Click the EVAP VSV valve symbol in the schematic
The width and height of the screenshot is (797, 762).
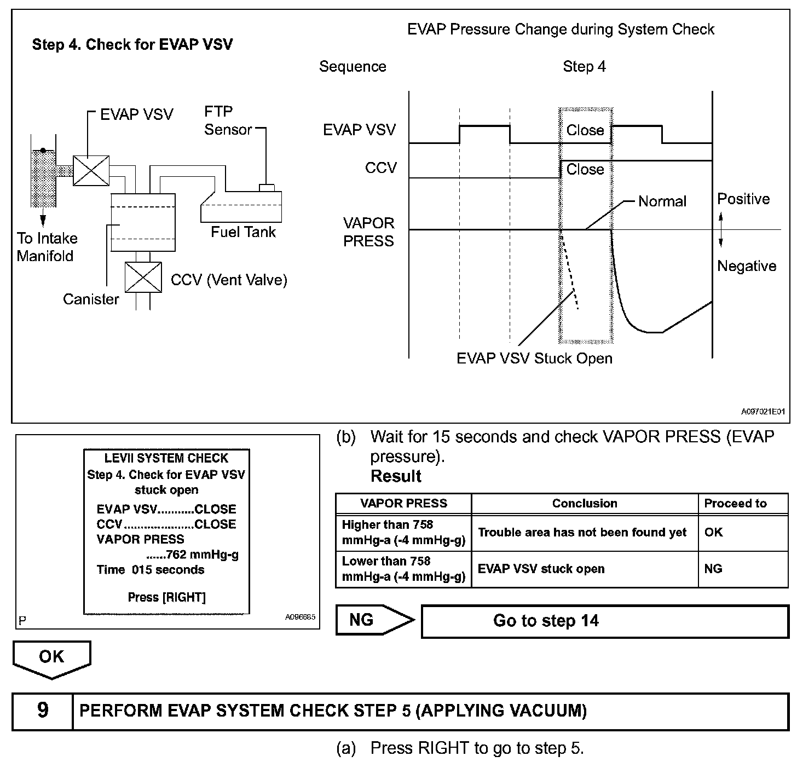pos(91,171)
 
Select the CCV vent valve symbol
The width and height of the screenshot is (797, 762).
pos(143,278)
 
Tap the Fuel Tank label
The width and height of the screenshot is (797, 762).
pos(243,232)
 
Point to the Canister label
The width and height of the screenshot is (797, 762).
pos(91,299)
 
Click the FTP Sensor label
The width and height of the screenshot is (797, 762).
pos(228,121)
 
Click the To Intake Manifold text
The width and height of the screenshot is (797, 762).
pos(47,247)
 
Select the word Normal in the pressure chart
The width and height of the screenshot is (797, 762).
pos(662,201)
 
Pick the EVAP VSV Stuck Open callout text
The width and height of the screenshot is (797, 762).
pos(534,359)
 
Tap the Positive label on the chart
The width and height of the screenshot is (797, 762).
pos(743,199)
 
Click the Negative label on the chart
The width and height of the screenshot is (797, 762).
pos(747,266)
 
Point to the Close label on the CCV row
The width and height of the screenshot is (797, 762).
pos(585,170)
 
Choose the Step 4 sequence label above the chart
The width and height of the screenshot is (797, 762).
pos(584,67)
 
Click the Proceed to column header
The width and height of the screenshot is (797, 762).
pos(735,504)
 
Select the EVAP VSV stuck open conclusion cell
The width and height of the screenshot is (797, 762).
pos(541,569)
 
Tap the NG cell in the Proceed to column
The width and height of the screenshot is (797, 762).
pos(713,569)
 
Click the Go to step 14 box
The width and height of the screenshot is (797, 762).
pos(604,621)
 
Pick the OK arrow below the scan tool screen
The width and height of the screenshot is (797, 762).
pos(51,659)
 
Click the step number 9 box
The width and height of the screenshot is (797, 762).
pos(43,711)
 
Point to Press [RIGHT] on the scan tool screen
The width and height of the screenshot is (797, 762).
pos(166,597)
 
